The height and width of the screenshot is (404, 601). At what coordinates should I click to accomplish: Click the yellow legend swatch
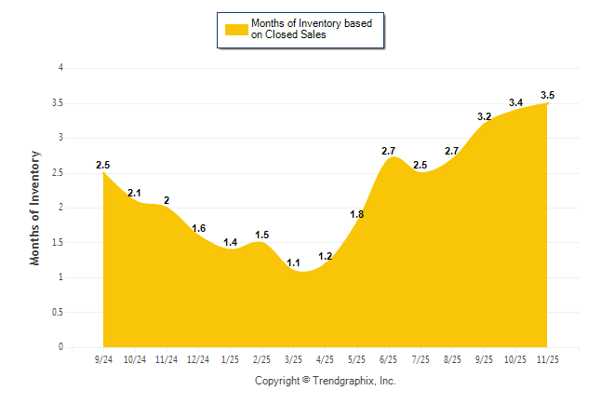(236, 29)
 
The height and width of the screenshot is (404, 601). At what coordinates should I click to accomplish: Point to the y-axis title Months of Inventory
(35, 208)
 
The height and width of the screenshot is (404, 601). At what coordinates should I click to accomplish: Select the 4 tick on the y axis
(60, 68)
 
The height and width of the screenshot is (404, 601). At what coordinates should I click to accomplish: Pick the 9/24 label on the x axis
(104, 359)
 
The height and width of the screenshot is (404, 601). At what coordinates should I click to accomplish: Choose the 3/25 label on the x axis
(294, 359)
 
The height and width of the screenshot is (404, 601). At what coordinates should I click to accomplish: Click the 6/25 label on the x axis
(389, 359)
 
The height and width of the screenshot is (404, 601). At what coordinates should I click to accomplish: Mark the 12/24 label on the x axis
(198, 359)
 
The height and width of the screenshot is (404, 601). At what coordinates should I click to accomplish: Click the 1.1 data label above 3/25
(294, 263)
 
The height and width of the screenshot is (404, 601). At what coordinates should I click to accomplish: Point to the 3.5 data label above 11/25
(548, 95)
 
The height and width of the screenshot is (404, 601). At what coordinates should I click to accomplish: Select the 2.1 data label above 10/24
(135, 193)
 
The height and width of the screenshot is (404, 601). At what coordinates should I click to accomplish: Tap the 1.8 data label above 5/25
(357, 214)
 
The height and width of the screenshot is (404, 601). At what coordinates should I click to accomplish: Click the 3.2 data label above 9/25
(484, 116)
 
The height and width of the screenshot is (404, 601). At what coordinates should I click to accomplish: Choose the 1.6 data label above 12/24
(198, 228)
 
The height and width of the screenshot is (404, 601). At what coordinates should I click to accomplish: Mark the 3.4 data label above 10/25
(515, 102)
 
